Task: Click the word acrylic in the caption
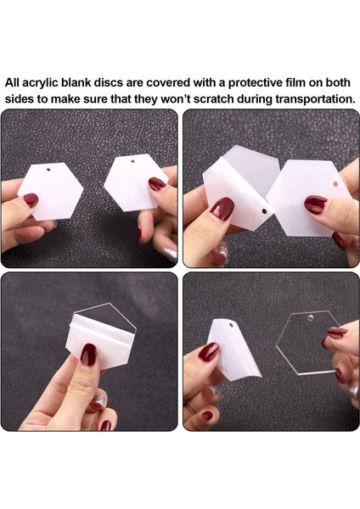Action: click(39, 83)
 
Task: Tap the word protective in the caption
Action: click(256, 83)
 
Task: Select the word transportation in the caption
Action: click(315, 98)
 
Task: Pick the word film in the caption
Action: click(295, 83)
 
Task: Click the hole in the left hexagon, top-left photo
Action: click(48, 169)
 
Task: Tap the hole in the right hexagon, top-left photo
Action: click(132, 160)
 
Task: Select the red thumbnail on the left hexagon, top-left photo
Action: click(31, 199)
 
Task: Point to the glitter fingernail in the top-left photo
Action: click(171, 254)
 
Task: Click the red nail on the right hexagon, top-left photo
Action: click(157, 184)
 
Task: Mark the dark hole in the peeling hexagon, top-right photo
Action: click(264, 211)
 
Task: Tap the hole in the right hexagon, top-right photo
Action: click(335, 184)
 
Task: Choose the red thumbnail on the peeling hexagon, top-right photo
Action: click(222, 209)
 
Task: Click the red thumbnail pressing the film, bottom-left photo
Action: click(88, 355)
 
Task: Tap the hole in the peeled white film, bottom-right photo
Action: click(231, 325)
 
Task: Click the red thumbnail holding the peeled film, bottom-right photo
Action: click(209, 352)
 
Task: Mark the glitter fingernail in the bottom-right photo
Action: click(353, 391)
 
